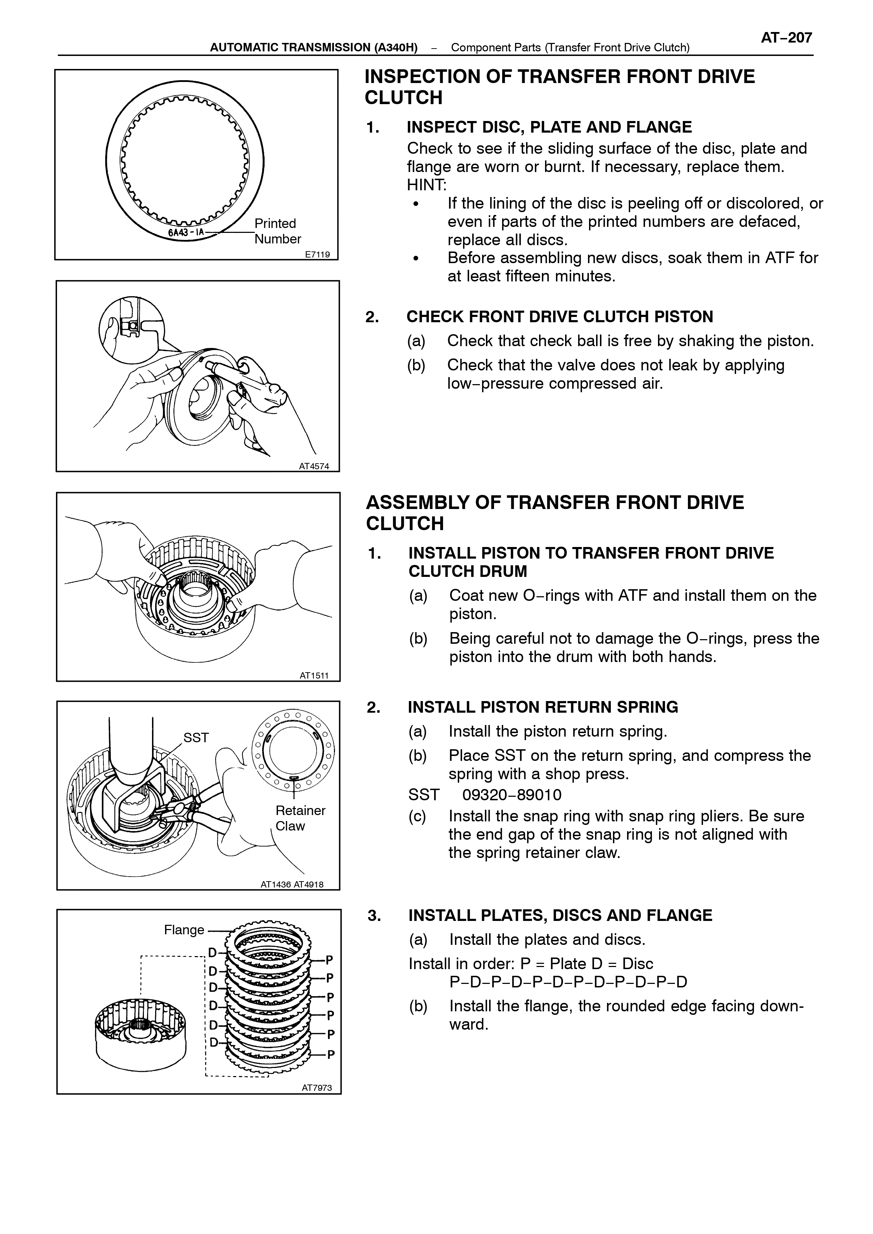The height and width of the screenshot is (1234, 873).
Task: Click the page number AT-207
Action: point(786,38)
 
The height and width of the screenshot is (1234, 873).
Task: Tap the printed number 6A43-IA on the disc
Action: point(185,233)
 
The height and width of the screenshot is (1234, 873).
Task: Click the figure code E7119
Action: point(317,255)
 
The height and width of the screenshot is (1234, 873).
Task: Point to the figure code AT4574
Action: point(314,466)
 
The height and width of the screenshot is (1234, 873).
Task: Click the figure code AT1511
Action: point(314,676)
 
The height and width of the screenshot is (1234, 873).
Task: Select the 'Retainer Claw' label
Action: point(300,818)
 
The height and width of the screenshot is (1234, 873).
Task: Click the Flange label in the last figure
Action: point(184,930)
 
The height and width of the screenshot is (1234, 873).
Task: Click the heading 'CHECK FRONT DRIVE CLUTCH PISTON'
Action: point(559,317)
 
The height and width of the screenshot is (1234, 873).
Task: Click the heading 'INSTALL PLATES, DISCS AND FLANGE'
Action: point(560,916)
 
